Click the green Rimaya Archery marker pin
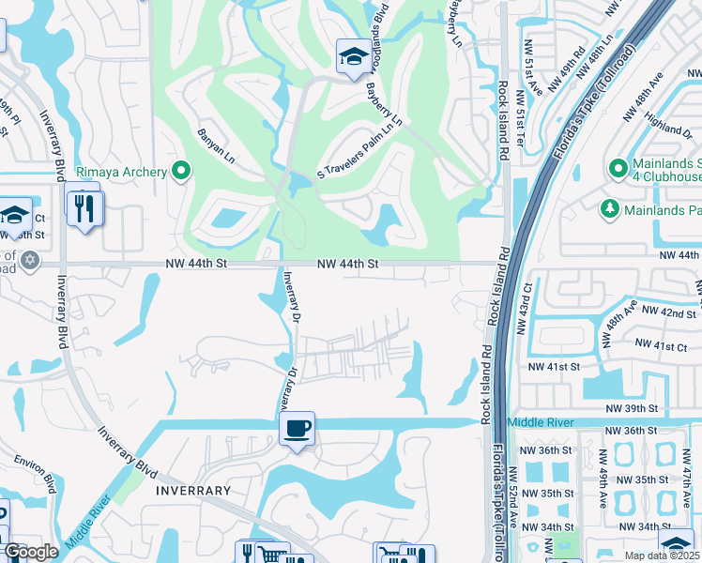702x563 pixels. click(181, 171)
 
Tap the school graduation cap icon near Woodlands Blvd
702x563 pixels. click(352, 57)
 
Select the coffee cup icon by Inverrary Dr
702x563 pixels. click(298, 429)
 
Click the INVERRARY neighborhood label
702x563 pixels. click(192, 491)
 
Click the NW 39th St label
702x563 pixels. click(633, 409)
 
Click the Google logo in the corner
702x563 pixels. click(31, 553)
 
